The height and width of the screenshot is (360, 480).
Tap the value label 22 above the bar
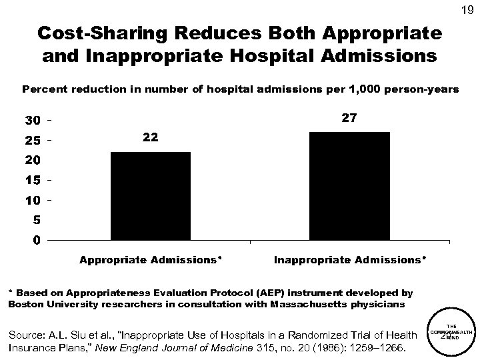tap(151, 137)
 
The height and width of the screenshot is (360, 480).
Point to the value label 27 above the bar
tap(350, 118)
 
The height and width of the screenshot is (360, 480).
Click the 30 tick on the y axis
tap(32, 121)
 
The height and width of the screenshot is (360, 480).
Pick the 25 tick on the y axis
tap(32, 141)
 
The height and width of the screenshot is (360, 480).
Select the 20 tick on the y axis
tap(32, 160)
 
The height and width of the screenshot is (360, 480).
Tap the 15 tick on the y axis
tap(32, 180)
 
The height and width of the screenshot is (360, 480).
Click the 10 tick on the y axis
tap(32, 200)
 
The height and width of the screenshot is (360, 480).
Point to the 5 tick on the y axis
tap(36, 219)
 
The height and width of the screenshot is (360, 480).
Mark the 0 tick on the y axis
tap(36, 239)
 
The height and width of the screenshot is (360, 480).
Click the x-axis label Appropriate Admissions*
tap(151, 258)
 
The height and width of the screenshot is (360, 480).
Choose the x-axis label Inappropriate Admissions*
tap(350, 258)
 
